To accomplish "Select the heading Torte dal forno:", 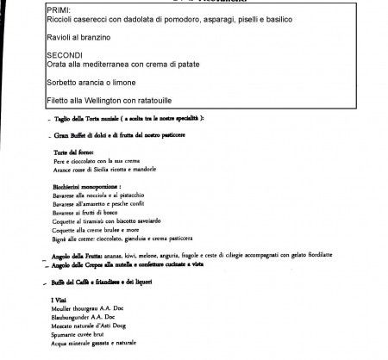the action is click(x=75, y=152).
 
